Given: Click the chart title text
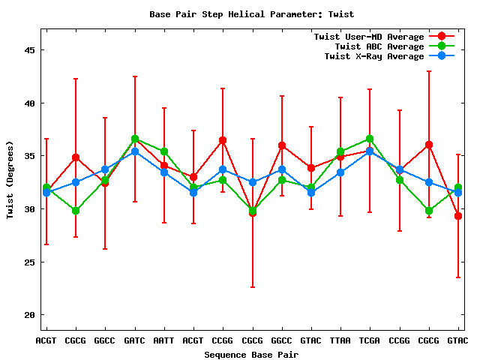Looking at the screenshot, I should coord(252,14).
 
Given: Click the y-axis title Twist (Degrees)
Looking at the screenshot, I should coord(10,179).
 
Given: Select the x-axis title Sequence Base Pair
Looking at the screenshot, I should coord(252,354).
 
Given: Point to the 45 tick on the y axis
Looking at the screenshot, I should coord(30,50).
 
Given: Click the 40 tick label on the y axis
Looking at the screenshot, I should coord(30,103).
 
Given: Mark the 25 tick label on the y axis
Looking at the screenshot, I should coord(30,262).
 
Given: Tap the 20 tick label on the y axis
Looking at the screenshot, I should coord(30,314).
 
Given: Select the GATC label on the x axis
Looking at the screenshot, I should coord(134,340).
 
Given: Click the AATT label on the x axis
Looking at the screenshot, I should coord(163,340).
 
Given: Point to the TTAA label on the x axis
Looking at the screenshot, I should coord(340,340).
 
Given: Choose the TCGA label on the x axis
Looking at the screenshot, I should coord(370,340).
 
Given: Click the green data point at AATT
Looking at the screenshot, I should coord(164,151).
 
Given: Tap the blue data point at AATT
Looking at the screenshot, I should coord(164,172).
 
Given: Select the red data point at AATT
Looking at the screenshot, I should coord(164,166).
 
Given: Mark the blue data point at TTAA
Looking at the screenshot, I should coord(340,172).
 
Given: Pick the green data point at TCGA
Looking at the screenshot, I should coord(370,139).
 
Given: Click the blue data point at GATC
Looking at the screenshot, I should coord(135,151).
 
